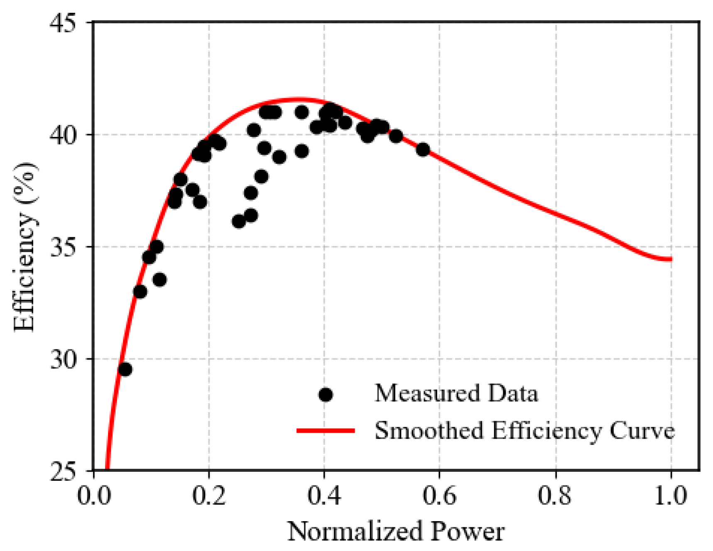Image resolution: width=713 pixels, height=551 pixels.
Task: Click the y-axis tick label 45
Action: tap(63, 22)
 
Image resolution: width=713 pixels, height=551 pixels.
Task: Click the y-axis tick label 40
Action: tap(63, 134)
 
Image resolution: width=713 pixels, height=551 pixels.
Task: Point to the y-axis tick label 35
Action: tap(63, 247)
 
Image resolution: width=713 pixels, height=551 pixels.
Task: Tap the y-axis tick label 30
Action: tap(63, 359)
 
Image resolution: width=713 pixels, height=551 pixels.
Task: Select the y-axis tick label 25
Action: tap(63, 471)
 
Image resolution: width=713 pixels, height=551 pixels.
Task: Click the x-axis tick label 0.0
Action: tap(94, 495)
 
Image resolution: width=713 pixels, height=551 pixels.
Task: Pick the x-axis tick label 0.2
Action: tap(209, 495)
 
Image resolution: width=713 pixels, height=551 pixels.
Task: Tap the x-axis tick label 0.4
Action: tap(324, 495)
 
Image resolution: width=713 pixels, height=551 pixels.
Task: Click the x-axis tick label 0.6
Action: tap(440, 495)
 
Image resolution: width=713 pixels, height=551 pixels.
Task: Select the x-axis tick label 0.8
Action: tap(555, 495)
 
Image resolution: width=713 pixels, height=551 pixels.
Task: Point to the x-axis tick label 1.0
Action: tap(671, 495)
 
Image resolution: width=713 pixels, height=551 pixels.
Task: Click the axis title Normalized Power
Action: tap(396, 531)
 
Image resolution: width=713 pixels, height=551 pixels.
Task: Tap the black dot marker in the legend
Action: tap(326, 395)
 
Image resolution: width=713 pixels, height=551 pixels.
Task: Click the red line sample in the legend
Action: tap(326, 431)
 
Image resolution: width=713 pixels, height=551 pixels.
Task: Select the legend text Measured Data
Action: tap(456, 393)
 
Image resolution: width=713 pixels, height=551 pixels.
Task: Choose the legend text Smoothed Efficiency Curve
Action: tap(524, 431)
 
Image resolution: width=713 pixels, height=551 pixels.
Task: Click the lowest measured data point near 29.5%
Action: tap(125, 369)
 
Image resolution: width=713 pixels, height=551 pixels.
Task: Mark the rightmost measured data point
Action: tap(423, 149)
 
